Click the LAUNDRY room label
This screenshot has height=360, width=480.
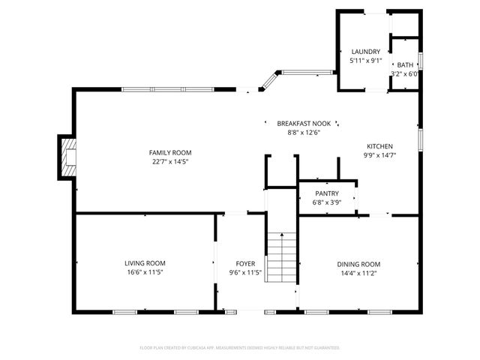click(365, 52)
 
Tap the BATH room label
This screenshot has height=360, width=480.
click(405, 65)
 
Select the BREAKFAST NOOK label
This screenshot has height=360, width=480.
click(304, 124)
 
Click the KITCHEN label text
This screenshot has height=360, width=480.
click(379, 146)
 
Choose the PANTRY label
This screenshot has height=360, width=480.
click(326, 193)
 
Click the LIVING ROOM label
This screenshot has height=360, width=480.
click(145, 263)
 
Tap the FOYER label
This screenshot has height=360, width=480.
click(245, 263)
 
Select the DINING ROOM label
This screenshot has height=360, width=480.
click(358, 264)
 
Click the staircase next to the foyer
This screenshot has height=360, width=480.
click(283, 255)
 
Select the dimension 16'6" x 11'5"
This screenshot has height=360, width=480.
click(145, 272)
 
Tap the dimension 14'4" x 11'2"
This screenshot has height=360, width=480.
click(358, 273)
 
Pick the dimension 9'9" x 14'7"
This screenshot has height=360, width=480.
click(379, 155)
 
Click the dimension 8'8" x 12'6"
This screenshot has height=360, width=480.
click(304, 133)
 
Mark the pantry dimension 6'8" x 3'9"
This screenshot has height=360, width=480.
click(326, 202)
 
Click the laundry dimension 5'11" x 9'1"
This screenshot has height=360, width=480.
click(365, 60)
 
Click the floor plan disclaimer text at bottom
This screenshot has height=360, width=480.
click(240, 348)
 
